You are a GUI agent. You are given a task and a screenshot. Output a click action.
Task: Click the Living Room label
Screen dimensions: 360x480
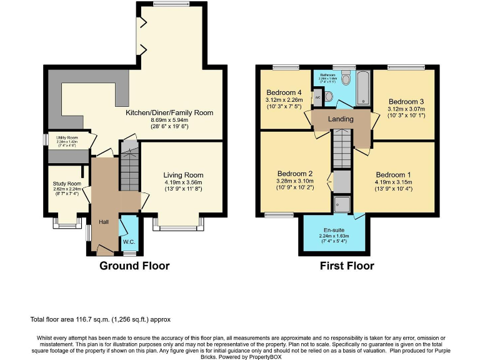tap(183, 175)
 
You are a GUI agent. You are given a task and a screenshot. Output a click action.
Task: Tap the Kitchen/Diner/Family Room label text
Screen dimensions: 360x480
tap(169, 113)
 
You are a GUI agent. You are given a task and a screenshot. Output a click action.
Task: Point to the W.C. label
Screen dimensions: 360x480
tap(129, 242)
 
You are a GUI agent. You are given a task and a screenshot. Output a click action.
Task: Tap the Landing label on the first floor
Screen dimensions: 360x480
tap(341, 119)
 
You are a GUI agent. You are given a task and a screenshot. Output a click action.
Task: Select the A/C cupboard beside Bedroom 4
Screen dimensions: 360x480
tap(317, 97)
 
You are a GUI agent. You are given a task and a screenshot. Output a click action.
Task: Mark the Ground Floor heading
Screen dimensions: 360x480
tap(134, 266)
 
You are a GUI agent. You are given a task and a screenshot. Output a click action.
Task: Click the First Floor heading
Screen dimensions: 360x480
tap(347, 266)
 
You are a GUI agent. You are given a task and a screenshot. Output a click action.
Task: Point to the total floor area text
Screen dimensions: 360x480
tap(100, 319)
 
